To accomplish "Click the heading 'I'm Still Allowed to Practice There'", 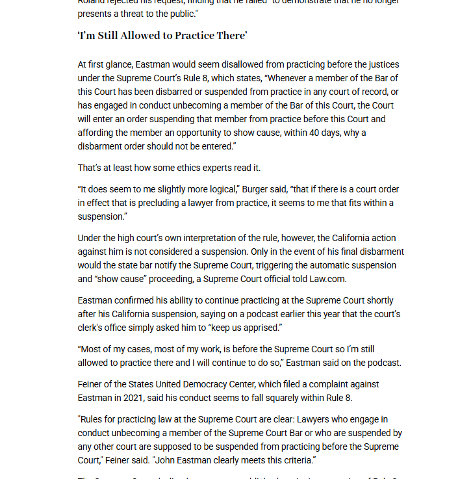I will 162,36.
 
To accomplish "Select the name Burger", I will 255,189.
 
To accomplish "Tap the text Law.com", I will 328,279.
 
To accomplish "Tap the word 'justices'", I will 383,64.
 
